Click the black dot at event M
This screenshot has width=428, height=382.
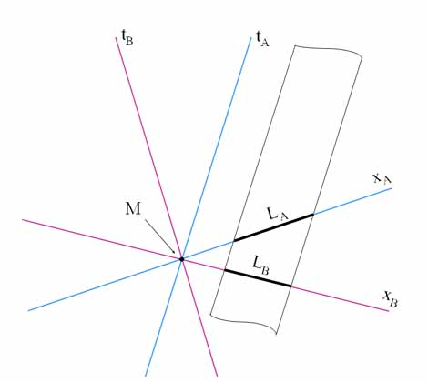click(182, 259)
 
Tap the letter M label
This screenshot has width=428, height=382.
click(133, 209)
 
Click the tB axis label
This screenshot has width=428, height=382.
click(127, 38)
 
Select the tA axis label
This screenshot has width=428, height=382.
click(263, 39)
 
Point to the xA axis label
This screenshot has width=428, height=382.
click(382, 178)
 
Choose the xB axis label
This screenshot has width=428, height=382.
click(390, 298)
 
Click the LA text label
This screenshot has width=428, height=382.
click(278, 214)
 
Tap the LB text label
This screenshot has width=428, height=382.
click(260, 266)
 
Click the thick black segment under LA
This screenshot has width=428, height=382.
click(273, 227)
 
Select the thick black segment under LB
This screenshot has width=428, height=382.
click(258, 278)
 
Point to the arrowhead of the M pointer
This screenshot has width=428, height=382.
click(174, 252)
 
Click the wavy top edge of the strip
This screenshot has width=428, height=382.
click(329, 51)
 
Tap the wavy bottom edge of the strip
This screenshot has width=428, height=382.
click(243, 322)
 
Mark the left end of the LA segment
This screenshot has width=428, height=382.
click(234, 241)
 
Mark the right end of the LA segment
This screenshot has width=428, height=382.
click(313, 215)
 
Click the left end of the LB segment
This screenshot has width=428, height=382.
click(225, 270)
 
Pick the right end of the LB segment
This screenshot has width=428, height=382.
click(291, 286)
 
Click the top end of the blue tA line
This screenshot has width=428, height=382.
click(251, 37)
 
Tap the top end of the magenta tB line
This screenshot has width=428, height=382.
click(117, 37)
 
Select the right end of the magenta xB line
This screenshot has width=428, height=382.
click(389, 311)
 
